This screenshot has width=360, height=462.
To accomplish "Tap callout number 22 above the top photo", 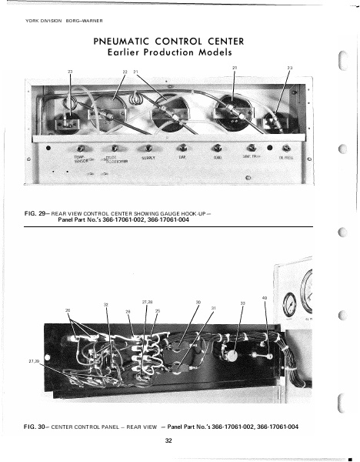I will click(125, 72).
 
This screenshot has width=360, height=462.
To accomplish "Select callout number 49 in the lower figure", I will click(265, 299).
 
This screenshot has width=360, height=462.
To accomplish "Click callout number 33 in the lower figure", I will click(242, 303).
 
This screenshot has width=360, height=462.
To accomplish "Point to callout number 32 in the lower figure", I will click(105, 306).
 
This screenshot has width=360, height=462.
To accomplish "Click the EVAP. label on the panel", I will click(182, 157).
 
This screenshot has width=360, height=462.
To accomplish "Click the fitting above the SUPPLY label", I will click(147, 149).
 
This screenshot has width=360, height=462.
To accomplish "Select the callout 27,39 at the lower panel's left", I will click(33, 360).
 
